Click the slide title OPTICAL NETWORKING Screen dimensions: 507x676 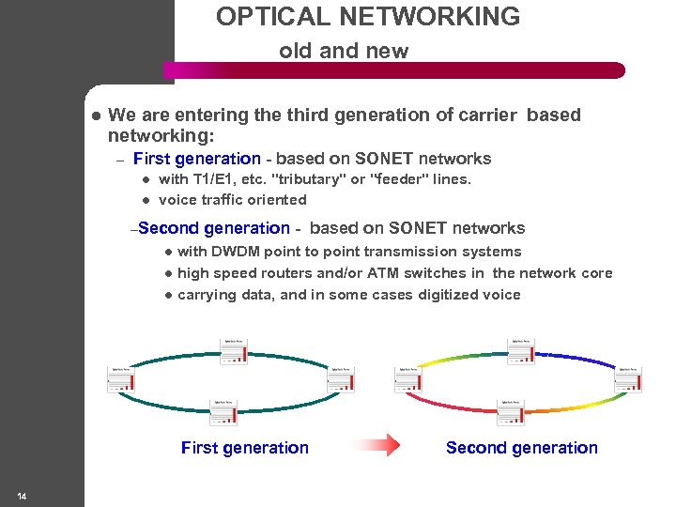[367, 17]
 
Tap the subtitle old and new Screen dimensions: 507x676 [344, 52]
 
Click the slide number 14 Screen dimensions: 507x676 [21, 496]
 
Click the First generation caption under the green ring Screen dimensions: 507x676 [244, 448]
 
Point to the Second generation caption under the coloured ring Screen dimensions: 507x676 [521, 448]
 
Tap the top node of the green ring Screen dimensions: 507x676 [235, 349]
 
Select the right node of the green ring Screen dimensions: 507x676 [340, 377]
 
